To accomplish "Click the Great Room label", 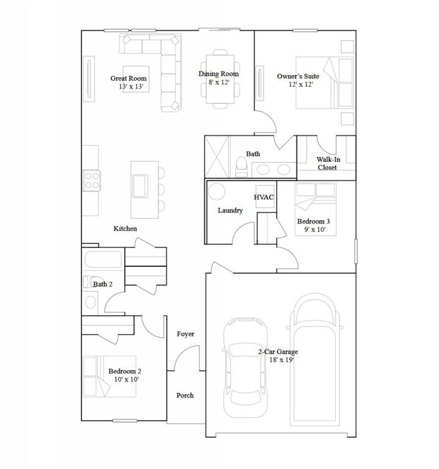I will point(128,82).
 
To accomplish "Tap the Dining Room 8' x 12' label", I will point(218,78).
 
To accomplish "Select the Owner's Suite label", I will point(298,80).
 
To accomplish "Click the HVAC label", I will point(264,197).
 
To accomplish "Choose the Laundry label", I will point(230,210).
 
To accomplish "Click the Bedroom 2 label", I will point(125,375).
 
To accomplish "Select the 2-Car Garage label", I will point(277,356).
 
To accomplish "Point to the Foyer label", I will point(185,334).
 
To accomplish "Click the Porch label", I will point(185,395).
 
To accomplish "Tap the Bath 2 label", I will point(103,284).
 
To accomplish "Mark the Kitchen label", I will point(125,228).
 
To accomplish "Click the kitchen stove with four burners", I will point(92,180).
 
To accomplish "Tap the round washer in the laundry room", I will point(217,192).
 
